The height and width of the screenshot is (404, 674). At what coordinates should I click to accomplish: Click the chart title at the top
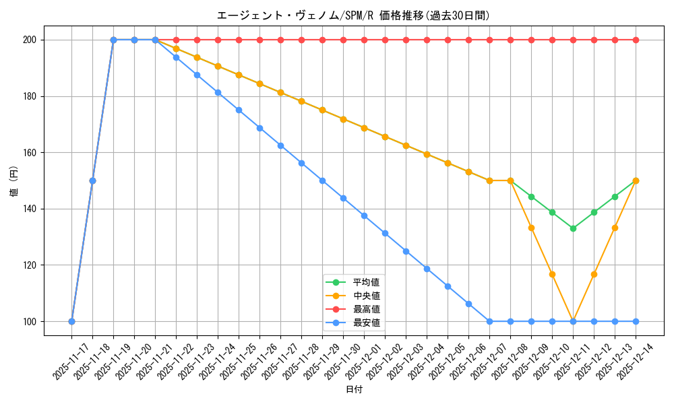[353, 15]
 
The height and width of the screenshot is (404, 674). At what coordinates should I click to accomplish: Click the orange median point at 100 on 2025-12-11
[573, 321]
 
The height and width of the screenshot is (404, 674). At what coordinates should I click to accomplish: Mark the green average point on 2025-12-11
[573, 228]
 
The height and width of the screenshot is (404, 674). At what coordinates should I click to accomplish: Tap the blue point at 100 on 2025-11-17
[71, 321]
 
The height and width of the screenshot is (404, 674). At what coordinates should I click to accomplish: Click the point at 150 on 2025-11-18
[92, 180]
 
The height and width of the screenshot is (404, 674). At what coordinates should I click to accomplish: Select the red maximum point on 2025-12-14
[636, 40]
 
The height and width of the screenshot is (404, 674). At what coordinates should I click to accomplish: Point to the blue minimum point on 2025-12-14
[636, 321]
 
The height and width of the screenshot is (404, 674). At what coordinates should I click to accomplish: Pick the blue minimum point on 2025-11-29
[322, 180]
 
